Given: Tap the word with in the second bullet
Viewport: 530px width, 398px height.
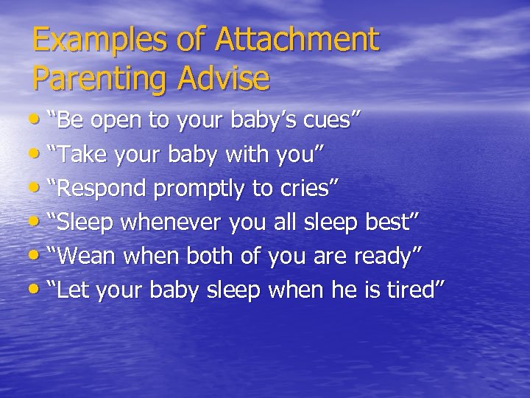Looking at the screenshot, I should click(247, 156).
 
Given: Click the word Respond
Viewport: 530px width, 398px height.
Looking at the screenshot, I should click(102, 189).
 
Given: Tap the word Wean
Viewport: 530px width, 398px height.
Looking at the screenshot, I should click(85, 256).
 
